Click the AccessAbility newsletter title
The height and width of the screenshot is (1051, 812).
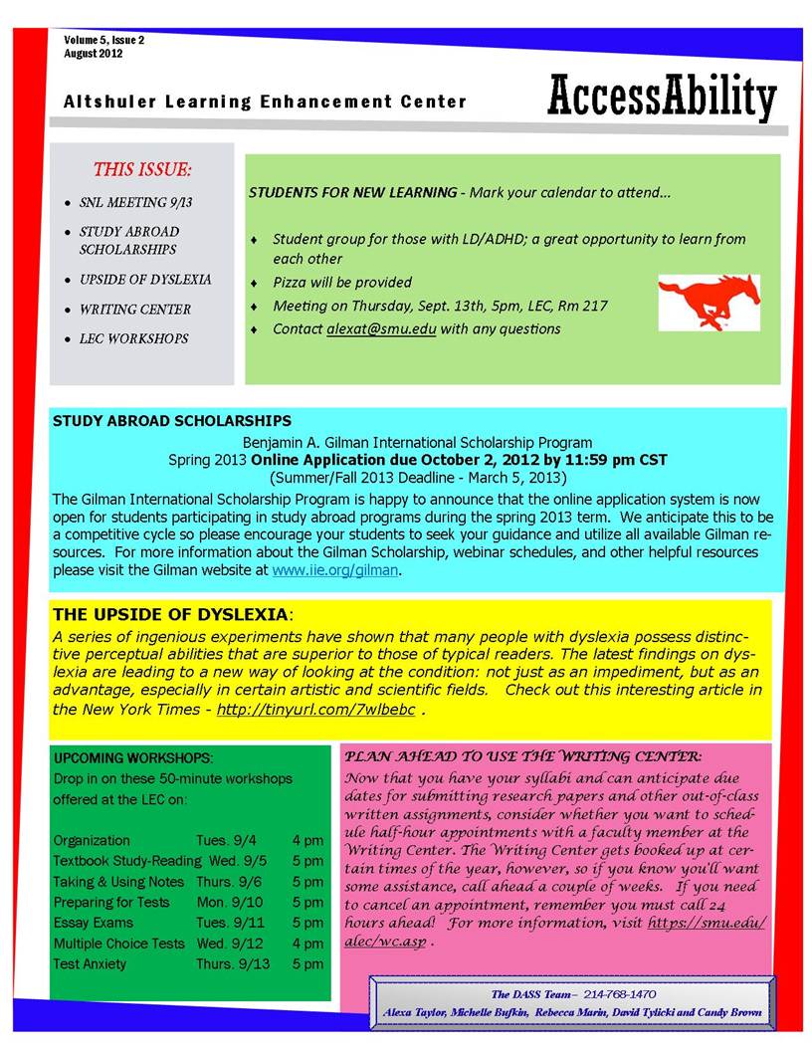(x=661, y=98)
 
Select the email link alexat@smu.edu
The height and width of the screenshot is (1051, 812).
(x=381, y=328)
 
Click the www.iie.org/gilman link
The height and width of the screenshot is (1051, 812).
(x=335, y=570)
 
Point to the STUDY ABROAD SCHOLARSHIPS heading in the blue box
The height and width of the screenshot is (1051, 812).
(x=171, y=421)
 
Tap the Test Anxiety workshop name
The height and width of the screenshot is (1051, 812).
(x=90, y=963)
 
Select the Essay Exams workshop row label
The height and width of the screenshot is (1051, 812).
(x=94, y=923)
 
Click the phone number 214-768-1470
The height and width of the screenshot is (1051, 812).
(x=620, y=994)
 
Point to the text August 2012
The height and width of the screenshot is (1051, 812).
(x=94, y=54)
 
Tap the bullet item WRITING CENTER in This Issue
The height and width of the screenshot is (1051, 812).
(x=135, y=310)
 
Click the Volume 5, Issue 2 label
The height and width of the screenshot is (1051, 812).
(x=104, y=40)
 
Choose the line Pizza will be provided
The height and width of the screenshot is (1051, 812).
(x=342, y=283)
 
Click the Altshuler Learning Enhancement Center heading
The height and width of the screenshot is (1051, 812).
(x=265, y=102)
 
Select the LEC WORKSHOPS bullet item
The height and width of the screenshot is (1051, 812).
(x=133, y=338)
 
